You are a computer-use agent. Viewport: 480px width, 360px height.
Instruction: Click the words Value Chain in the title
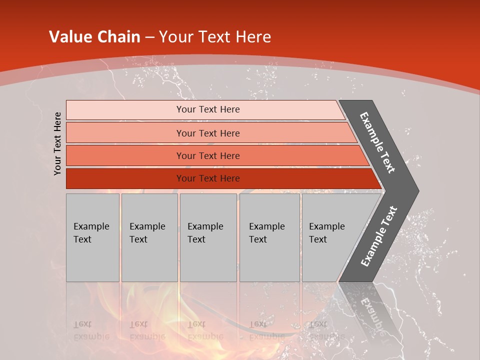[94, 37]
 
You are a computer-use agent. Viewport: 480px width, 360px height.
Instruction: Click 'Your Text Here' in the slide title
[215, 37]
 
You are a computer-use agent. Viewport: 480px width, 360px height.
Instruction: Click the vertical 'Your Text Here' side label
[57, 143]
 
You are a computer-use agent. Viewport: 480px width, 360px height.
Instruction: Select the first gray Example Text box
[92, 237]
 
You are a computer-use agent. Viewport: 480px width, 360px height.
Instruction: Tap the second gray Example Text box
[149, 237]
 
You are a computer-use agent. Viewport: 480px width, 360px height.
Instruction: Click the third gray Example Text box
[208, 237]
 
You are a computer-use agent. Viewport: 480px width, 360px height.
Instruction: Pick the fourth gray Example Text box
[269, 237]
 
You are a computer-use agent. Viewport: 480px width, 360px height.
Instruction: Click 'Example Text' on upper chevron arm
[377, 142]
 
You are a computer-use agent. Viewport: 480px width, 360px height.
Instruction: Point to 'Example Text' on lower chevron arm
[379, 236]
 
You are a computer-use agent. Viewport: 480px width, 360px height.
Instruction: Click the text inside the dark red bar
[208, 178]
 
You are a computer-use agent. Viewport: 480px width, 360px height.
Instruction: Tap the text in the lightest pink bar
[208, 109]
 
